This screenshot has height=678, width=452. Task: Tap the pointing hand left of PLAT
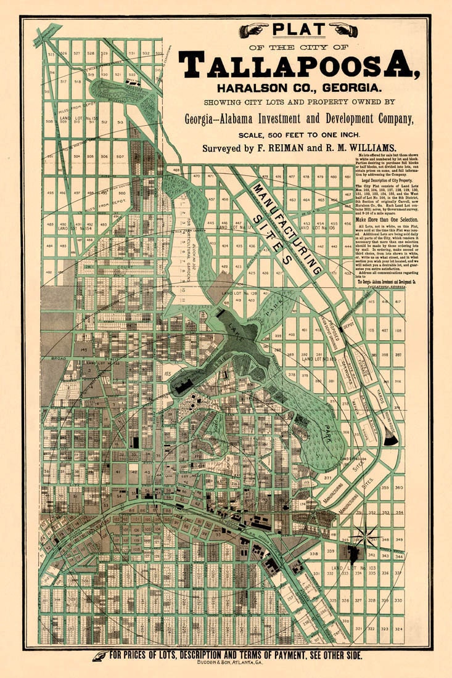[253, 30]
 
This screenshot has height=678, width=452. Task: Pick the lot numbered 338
[314, 554]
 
